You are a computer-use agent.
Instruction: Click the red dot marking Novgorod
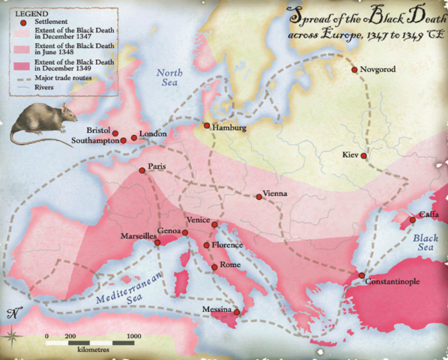[x=354, y=70]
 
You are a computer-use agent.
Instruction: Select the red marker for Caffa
[x=412, y=220]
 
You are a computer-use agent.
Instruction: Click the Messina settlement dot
[x=237, y=312]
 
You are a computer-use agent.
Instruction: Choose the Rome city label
[x=231, y=265]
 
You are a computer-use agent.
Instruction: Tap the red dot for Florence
[x=207, y=245]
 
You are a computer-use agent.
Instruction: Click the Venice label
[x=199, y=219]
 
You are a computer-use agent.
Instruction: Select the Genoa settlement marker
[x=186, y=233]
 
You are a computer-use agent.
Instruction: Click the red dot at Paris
[x=142, y=170]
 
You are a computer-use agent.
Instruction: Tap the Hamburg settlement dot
[x=207, y=125]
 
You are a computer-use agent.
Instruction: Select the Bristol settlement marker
[x=115, y=133]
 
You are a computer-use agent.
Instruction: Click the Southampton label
[x=94, y=140]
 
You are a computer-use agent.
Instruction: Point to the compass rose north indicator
[x=12, y=314]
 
